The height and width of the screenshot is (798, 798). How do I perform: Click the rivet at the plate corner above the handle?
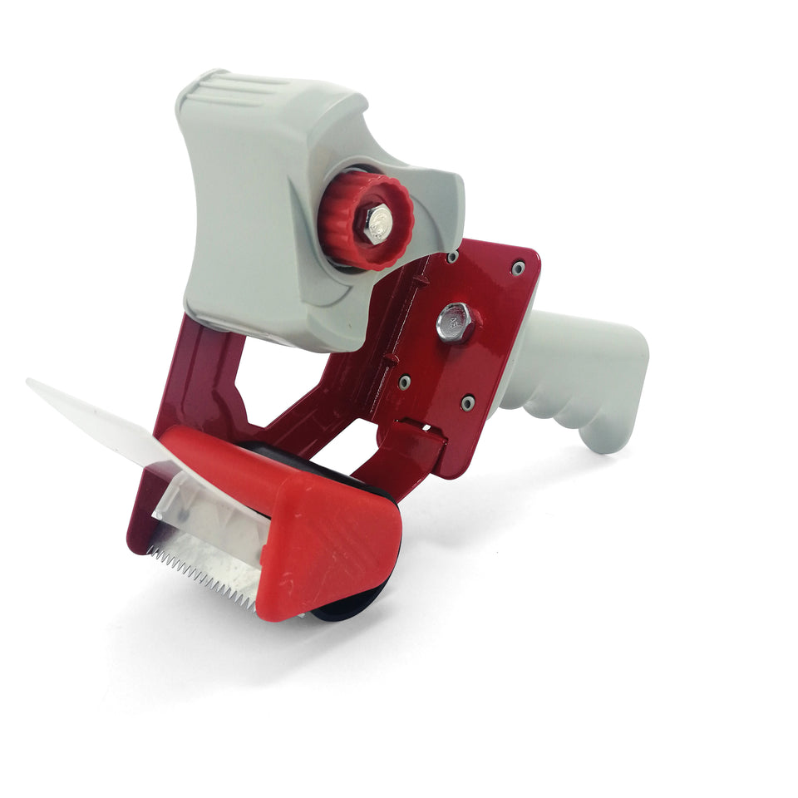pos(517,268)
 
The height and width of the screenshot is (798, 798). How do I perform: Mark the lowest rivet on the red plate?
pos(468,403)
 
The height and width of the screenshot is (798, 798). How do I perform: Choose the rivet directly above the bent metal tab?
pos(404,382)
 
